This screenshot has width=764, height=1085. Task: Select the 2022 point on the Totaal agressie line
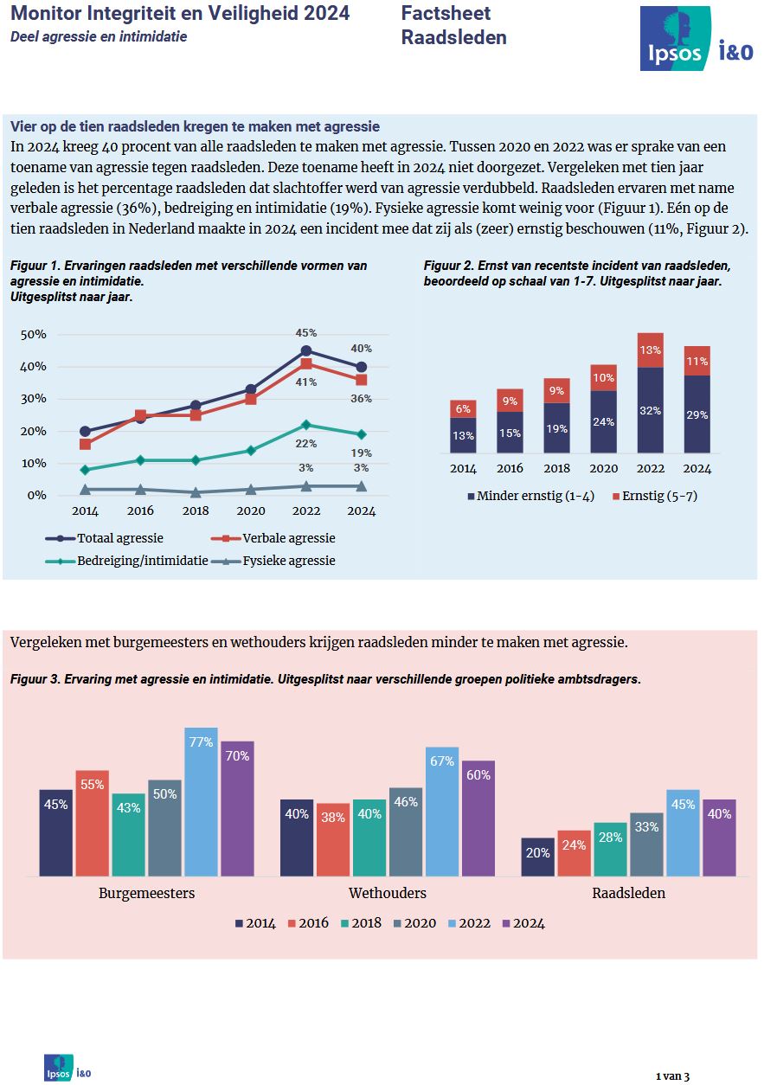[305, 350]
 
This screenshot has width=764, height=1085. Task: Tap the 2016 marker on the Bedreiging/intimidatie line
[140, 459]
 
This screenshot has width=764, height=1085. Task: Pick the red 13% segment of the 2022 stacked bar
[651, 350]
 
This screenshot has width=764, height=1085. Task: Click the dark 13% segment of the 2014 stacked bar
[463, 435]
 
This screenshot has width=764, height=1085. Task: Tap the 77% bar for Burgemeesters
[201, 801]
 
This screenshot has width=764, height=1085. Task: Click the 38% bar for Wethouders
[333, 839]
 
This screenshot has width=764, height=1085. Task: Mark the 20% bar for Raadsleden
[538, 857]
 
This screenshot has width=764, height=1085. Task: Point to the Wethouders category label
[387, 893]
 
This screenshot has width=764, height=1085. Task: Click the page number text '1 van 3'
[672, 1076]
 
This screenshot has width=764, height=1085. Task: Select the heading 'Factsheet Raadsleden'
[454, 25]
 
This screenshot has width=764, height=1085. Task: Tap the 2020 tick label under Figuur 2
[604, 469]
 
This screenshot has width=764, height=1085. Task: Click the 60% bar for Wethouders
[478, 818]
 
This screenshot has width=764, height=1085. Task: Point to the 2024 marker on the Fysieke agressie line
[362, 486]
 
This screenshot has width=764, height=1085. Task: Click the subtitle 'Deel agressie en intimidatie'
[99, 36]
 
